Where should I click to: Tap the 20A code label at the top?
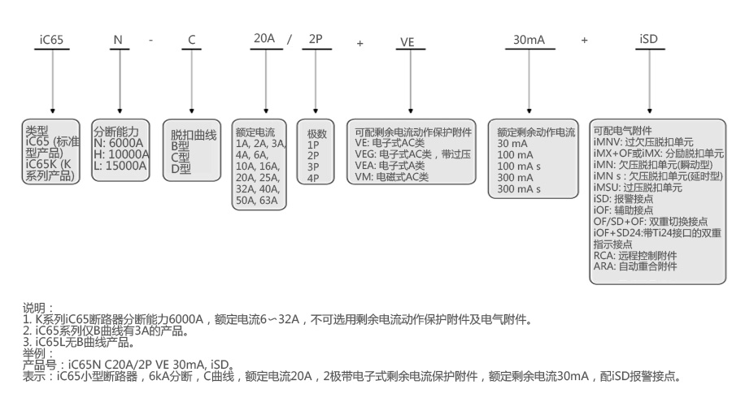(x=264, y=38)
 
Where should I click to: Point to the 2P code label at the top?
(x=316, y=38)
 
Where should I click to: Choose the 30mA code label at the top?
(x=529, y=39)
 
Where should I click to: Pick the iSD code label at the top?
(x=649, y=39)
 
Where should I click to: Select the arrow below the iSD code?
(x=649, y=80)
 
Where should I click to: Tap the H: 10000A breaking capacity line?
(x=122, y=153)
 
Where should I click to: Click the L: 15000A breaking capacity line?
(x=120, y=165)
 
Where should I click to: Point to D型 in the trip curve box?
(x=180, y=169)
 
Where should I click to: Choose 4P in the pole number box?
(x=313, y=178)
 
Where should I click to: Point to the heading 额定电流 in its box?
(x=255, y=132)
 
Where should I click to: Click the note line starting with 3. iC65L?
(x=82, y=342)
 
